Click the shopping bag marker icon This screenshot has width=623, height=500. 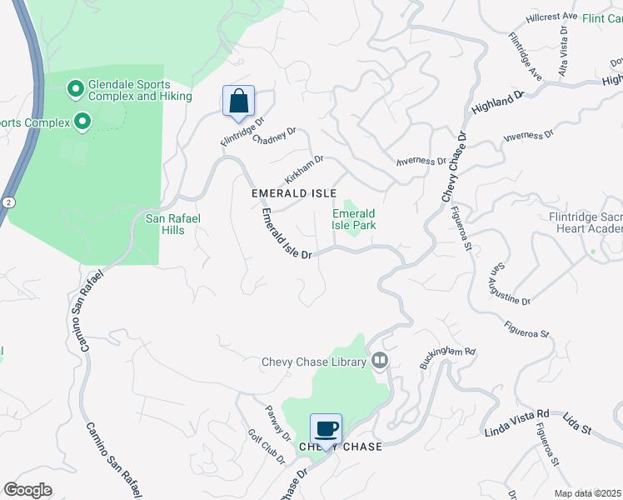click(238, 102)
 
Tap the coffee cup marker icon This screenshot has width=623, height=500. click(326, 429)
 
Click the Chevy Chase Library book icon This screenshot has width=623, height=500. click(380, 360)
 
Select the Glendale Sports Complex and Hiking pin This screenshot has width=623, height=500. click(75, 87)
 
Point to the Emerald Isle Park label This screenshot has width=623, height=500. click(354, 220)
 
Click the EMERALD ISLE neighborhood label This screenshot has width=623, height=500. click(294, 193)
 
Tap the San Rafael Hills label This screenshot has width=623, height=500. click(172, 225)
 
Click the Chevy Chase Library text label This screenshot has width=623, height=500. click(314, 362)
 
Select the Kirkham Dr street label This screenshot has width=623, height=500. click(303, 169)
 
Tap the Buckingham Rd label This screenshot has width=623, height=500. click(447, 359)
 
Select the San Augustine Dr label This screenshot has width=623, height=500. click(509, 284)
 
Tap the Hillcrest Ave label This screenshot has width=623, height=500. click(552, 17)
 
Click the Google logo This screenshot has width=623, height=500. click(28, 490)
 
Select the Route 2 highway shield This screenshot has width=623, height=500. click(8, 202)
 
